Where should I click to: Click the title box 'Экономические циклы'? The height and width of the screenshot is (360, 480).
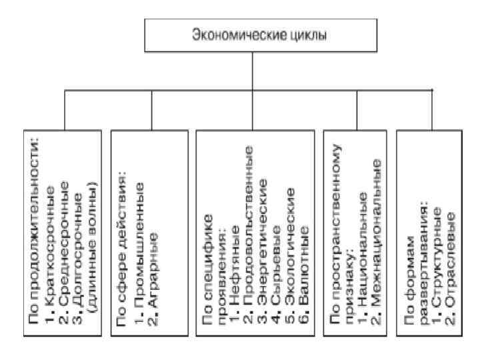pyautogui.click(x=251, y=34)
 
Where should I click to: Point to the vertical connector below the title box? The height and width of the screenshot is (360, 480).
pyautogui.click(x=251, y=70)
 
